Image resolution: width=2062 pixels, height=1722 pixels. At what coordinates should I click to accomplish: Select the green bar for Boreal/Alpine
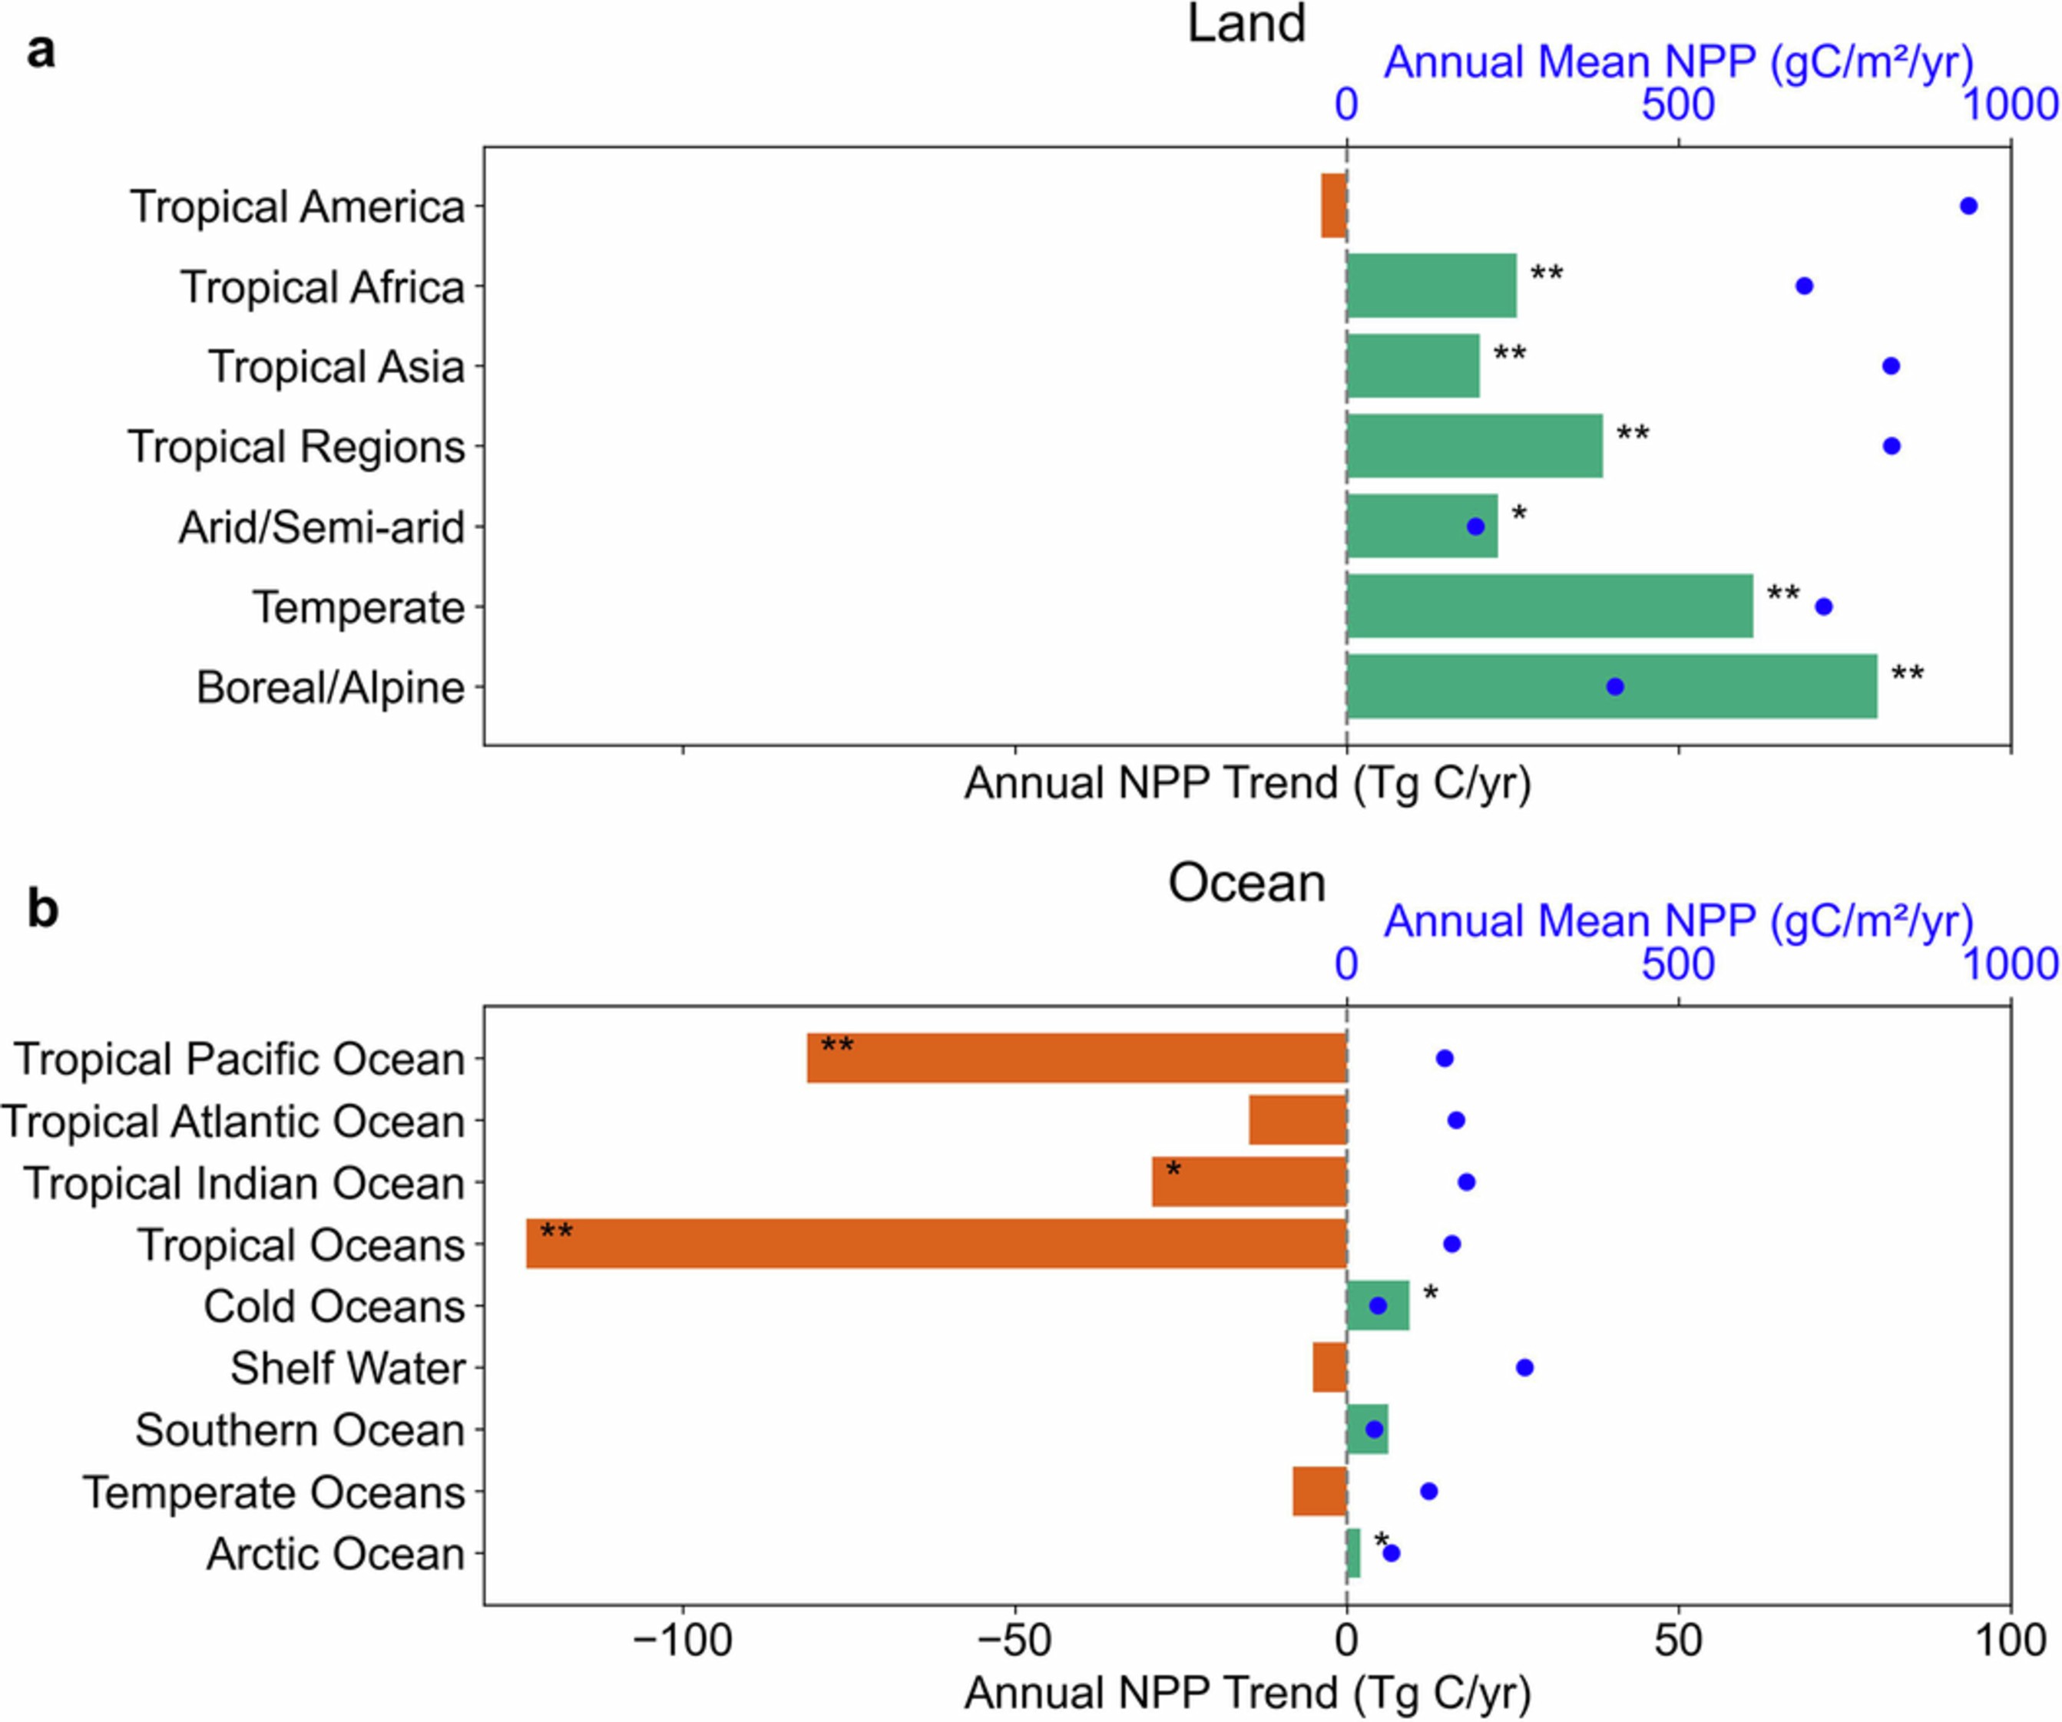click(1610, 686)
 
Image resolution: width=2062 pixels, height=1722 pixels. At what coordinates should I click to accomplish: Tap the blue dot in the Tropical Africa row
click(1804, 286)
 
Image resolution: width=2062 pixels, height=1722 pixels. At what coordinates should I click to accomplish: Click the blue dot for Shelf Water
click(1524, 1367)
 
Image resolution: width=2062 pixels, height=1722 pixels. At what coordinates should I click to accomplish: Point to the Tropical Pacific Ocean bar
click(1075, 1059)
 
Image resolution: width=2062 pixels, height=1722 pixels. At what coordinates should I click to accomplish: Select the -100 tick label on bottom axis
click(683, 1641)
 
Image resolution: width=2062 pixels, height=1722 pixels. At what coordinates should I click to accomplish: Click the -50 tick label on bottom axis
click(1014, 1641)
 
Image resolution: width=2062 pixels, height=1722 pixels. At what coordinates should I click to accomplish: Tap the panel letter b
click(42, 909)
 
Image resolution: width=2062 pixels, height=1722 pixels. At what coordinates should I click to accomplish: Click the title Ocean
click(1246, 883)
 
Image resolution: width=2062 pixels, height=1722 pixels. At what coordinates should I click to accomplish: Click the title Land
click(1246, 24)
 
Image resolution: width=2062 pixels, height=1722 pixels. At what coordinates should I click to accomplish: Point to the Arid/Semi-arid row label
click(321, 527)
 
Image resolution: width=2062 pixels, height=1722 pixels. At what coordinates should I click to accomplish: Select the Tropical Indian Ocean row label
click(243, 1183)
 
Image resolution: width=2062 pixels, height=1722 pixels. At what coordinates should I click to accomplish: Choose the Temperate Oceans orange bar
click(1319, 1491)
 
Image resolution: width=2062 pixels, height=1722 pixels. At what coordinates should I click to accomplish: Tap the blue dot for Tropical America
click(1968, 205)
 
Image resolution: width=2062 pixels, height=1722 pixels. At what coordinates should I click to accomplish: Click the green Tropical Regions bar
click(1474, 446)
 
